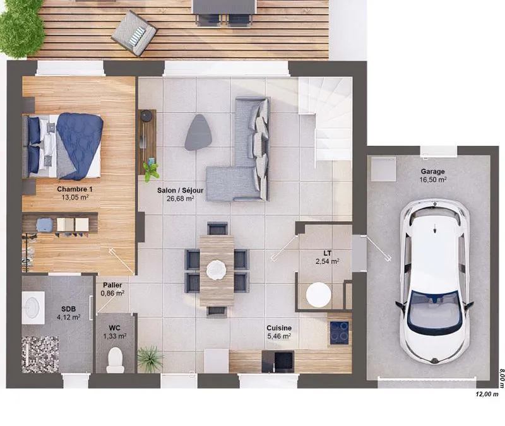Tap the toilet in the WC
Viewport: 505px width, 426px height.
tap(116, 360)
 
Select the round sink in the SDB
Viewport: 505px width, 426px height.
tap(32, 307)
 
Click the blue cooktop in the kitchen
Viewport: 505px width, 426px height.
tap(339, 333)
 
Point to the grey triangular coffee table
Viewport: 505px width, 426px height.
tap(198, 133)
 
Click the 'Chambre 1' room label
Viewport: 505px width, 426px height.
tap(74, 189)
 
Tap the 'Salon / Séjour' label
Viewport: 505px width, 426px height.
tap(181, 191)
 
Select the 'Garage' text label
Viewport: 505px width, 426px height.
tap(432, 172)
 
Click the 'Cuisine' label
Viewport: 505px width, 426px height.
tap(279, 328)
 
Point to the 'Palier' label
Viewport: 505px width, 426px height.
tap(112, 285)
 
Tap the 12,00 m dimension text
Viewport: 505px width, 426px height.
tap(487, 394)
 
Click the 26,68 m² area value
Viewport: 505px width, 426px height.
tap(181, 199)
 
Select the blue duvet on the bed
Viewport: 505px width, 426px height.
tap(80, 146)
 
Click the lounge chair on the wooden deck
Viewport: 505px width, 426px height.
tap(134, 33)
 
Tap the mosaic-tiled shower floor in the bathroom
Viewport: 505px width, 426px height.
tap(40, 354)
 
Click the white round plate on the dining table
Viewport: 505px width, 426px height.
tap(217, 270)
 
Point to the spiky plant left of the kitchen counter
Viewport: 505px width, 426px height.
tap(150, 358)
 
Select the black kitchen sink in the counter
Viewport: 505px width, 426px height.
tap(278, 361)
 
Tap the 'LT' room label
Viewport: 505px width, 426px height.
tap(327, 253)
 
